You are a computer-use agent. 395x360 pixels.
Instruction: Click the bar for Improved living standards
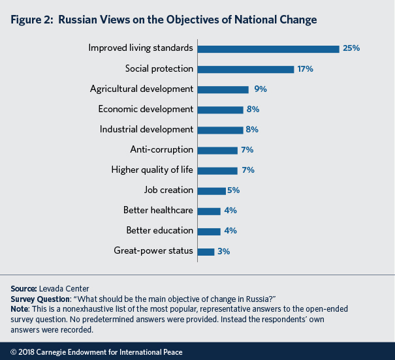pyautogui.click(x=268, y=48)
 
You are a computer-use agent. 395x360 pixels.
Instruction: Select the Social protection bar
pyautogui.click(x=245, y=68)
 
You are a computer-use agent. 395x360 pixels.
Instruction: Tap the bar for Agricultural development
pyautogui.click(x=223, y=89)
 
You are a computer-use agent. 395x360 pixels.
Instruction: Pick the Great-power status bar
pyautogui.click(x=206, y=251)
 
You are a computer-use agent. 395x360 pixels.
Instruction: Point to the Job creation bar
pyautogui.click(x=211, y=190)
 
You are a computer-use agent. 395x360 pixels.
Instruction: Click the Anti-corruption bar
pyautogui.click(x=217, y=150)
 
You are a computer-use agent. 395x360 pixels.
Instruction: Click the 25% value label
pyautogui.click(x=351, y=48)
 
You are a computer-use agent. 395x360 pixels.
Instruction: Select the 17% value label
pyautogui.click(x=306, y=68)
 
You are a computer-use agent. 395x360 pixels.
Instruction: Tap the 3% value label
pyautogui.click(x=224, y=251)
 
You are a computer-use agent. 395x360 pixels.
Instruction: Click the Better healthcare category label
pyautogui.click(x=159, y=211)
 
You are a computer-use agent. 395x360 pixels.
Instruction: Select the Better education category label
pyautogui.click(x=159, y=231)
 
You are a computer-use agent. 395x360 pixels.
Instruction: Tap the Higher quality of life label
pyautogui.click(x=153, y=170)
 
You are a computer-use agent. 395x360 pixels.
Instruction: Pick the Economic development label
pyautogui.click(x=146, y=109)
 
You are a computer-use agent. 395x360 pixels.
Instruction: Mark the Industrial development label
pyautogui.click(x=146, y=129)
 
